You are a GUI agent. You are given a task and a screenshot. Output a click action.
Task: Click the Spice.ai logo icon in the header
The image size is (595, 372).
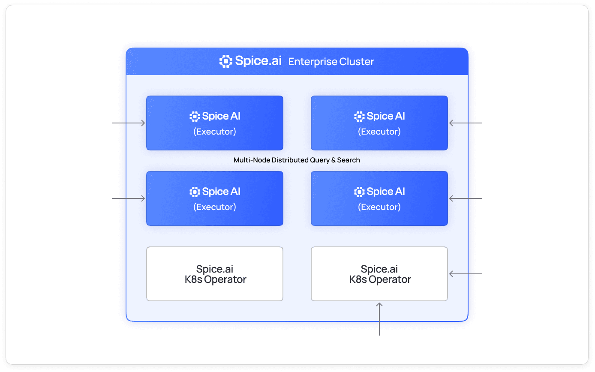pyautogui.click(x=226, y=61)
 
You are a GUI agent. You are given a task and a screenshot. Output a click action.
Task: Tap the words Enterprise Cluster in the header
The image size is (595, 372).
pyautogui.click(x=331, y=62)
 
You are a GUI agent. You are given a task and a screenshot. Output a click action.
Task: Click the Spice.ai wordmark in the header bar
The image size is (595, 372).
pyautogui.click(x=258, y=61)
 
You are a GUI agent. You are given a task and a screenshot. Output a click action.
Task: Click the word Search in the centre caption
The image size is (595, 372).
pyautogui.click(x=349, y=160)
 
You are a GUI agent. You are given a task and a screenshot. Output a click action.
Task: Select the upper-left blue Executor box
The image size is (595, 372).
pyautogui.click(x=215, y=123)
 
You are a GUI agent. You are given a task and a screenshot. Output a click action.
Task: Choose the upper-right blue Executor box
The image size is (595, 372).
pyautogui.click(x=379, y=123)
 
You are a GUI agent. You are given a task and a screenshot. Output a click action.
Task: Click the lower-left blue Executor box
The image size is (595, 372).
pyautogui.click(x=215, y=198)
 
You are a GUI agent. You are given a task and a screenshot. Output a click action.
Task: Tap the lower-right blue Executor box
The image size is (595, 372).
pyautogui.click(x=379, y=198)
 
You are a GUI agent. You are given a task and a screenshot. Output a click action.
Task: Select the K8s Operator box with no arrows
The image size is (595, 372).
pyautogui.click(x=215, y=274)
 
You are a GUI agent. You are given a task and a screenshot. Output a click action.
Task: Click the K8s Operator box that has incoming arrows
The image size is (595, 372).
pyautogui.click(x=379, y=274)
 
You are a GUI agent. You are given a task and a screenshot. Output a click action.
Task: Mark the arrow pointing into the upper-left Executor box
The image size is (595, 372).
pyautogui.click(x=129, y=123)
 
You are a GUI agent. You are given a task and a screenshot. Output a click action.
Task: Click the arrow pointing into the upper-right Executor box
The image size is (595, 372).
pyautogui.click(x=466, y=123)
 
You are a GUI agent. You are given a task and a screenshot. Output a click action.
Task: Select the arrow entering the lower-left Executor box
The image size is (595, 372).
pyautogui.click(x=129, y=199)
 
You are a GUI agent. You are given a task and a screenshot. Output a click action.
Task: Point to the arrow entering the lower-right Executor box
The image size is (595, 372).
pyautogui.click(x=466, y=199)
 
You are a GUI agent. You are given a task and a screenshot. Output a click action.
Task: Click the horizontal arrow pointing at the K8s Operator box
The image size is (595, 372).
pyautogui.click(x=466, y=274)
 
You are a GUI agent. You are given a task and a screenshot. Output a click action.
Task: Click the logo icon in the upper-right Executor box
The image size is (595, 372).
pyautogui.click(x=359, y=116)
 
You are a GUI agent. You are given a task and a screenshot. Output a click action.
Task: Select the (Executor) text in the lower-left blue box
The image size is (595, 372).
pyautogui.click(x=215, y=207)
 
